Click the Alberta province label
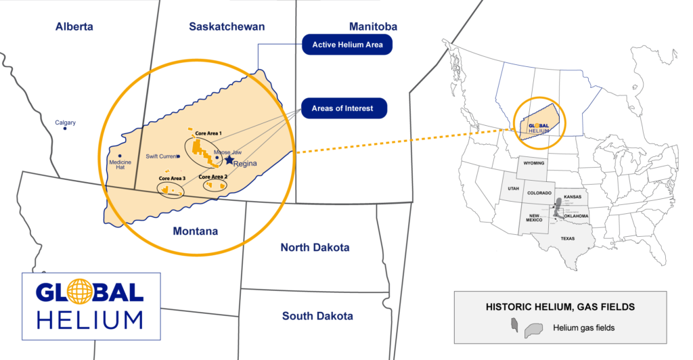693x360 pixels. coord(74,27)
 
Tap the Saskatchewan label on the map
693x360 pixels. coord(227,27)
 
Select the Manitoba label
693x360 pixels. coord(373,27)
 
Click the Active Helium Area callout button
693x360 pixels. coord(347,45)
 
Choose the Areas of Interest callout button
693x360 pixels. coord(342,108)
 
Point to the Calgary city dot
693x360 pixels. coord(65,129)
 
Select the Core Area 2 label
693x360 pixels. coord(212,177)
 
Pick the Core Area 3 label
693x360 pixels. coord(173,178)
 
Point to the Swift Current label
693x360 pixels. coord(161,156)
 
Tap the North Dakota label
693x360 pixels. coord(315,248)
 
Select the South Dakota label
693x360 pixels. coord(317,316)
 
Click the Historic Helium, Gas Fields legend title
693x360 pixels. coord(560,307)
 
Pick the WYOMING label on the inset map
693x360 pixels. coord(533,164)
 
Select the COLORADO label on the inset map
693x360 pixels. coord(539,193)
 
